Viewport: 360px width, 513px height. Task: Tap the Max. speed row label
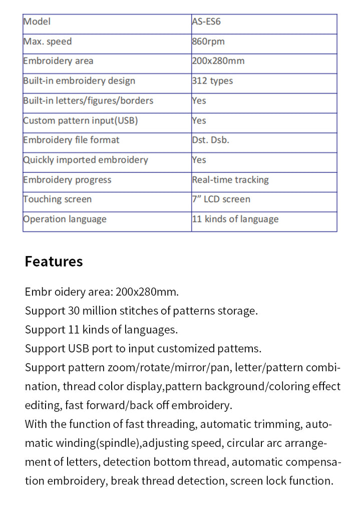[x=48, y=42]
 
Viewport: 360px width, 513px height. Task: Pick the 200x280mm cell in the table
[x=218, y=61]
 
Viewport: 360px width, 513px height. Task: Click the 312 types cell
[x=212, y=81]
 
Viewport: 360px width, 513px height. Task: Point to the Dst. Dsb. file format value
[x=210, y=140]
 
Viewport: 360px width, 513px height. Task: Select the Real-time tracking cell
[x=230, y=179]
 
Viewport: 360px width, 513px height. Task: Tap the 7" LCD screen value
[x=221, y=199]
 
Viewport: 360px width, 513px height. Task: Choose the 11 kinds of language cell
[x=235, y=219]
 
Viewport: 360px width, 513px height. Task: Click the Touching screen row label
[x=58, y=199]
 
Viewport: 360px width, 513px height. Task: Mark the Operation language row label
[x=65, y=219]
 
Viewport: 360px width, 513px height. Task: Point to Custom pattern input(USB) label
[x=81, y=120]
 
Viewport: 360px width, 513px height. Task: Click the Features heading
[x=54, y=262]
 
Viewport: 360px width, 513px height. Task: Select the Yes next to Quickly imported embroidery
[x=199, y=160]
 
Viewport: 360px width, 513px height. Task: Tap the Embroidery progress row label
[x=68, y=179]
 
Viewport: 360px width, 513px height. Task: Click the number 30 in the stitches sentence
[x=74, y=311]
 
